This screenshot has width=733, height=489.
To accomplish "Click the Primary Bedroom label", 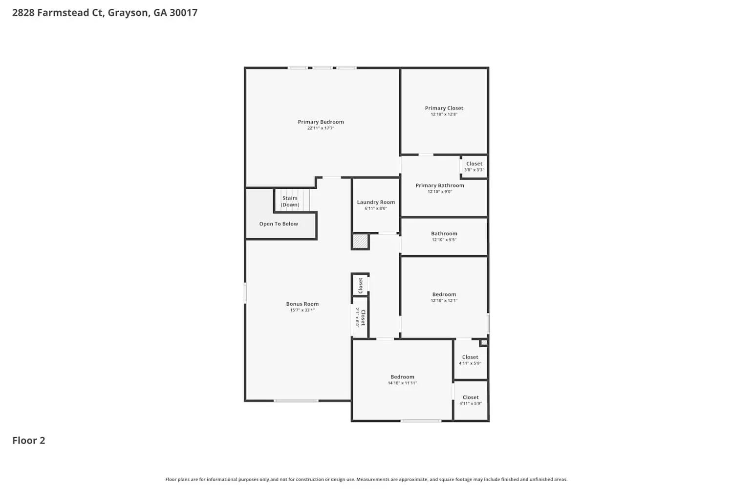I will point(321,122).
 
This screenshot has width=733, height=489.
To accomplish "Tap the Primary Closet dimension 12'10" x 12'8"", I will point(444,114).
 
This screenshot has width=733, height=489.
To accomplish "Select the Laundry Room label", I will point(376,202).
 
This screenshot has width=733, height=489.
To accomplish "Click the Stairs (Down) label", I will point(290,201).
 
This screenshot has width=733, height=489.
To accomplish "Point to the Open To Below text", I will point(279,224).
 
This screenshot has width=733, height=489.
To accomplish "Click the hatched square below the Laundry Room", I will point(360,242).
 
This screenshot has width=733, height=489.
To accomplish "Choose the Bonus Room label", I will point(302,304).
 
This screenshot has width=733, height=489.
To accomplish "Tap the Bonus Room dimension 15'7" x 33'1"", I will point(302,310).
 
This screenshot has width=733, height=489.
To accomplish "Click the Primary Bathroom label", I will point(440,185).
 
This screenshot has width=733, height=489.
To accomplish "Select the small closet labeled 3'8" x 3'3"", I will point(474,167).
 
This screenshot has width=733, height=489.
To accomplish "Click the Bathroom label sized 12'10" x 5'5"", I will point(444,234).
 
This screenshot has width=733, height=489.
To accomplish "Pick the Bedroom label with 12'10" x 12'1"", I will point(444,294).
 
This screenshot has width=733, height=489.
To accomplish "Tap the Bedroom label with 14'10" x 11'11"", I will point(402,377).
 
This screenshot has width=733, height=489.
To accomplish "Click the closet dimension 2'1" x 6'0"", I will point(357,317).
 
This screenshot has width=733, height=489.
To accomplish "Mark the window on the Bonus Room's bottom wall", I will point(296,401).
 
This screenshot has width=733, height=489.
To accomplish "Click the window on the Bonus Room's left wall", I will point(245,292).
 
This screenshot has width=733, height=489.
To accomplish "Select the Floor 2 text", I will point(28,441).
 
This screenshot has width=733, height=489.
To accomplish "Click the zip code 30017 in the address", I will point(183,13).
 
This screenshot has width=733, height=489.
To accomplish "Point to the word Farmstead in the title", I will point(64,13).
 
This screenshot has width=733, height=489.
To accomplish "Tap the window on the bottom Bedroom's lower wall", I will point(421,421).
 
